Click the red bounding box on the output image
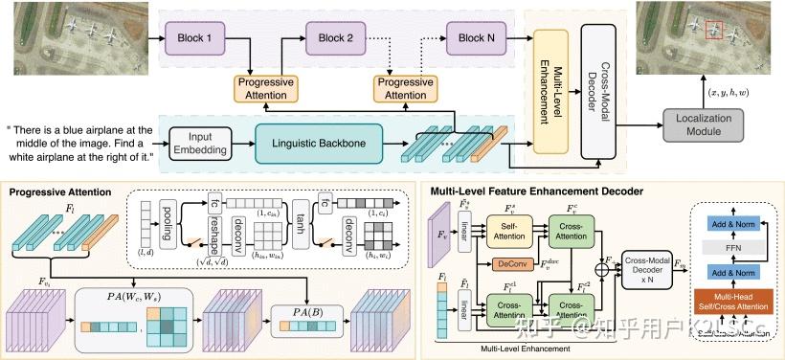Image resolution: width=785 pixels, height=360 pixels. (713, 31)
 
